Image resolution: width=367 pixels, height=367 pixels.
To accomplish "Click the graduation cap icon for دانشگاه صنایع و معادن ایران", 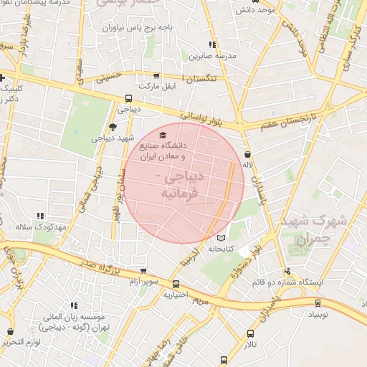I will (x=162, y=135).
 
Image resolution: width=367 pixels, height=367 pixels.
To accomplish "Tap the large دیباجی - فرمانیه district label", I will (x=177, y=184).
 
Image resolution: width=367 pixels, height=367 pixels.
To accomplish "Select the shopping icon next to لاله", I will (x=247, y=154).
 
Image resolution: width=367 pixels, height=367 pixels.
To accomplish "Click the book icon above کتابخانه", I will (x=221, y=238).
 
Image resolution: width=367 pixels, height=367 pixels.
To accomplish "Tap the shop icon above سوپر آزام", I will (x=144, y=272).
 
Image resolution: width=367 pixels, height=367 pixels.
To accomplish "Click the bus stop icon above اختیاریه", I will (x=176, y=283).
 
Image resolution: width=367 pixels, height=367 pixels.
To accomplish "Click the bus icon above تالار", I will (x=250, y=333).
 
